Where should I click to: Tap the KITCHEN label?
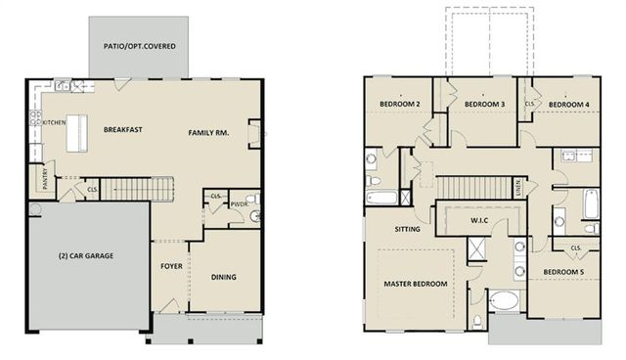pyautogui.click(x=53, y=123)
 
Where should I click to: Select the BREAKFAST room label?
pyautogui.click(x=123, y=129)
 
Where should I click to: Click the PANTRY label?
pyautogui.click(x=45, y=180)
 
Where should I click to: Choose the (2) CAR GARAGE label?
pyautogui.click(x=84, y=256)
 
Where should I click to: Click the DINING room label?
pyautogui.click(x=224, y=277)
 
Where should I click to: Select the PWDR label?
pyautogui.click(x=238, y=204)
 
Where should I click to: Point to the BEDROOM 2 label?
pyautogui.click(x=399, y=105)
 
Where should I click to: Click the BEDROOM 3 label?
pyautogui.click(x=484, y=105)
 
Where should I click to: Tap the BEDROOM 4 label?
pyautogui.click(x=568, y=105)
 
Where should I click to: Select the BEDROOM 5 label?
pyautogui.click(x=565, y=271)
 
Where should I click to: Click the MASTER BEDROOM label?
pyautogui.click(x=416, y=284)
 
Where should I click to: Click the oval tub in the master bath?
pyautogui.click(x=507, y=301)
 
